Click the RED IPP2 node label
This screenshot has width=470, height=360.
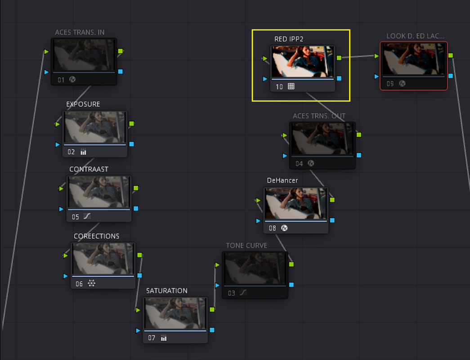(289, 39)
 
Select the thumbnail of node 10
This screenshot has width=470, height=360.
(302, 62)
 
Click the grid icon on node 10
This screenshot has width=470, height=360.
(291, 86)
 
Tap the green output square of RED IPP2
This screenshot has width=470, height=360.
(339, 58)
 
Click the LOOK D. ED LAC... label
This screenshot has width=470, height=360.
(416, 36)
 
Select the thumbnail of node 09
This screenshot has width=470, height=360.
(414, 58)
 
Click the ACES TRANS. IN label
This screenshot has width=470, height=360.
(80, 32)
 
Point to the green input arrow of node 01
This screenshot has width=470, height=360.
(46, 52)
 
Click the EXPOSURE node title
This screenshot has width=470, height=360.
(83, 104)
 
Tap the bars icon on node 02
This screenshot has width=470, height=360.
(83, 152)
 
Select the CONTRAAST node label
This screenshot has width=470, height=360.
(89, 169)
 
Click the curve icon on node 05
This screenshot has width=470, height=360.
(87, 216)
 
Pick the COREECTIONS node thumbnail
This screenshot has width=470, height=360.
(103, 258)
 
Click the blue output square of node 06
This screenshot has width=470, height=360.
(140, 275)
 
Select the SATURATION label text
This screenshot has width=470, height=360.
(167, 291)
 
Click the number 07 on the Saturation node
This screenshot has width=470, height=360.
(152, 338)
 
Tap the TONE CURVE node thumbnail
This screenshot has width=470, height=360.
(255, 268)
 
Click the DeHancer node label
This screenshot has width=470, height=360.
(282, 180)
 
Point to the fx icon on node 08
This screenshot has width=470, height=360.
(284, 228)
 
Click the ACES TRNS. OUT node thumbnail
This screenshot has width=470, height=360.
(322, 139)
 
